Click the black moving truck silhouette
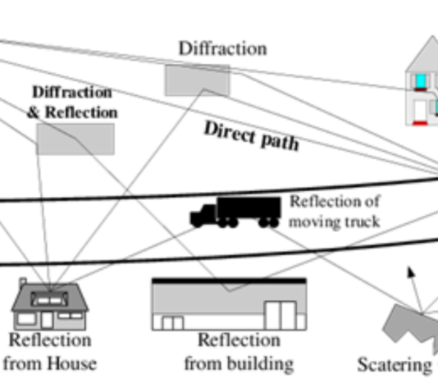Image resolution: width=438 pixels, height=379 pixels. coord(235,212)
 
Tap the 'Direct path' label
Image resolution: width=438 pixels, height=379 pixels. coord(252,136)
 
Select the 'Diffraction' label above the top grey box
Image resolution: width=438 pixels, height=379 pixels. coord(222,48)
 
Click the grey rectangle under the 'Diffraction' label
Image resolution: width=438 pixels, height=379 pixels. coord(197,80)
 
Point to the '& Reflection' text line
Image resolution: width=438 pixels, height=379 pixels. coord(72,112)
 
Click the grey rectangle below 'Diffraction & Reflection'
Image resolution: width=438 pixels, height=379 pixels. coord(75,139)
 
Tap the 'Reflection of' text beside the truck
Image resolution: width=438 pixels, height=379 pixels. coord(335,201)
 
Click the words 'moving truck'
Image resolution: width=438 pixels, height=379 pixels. coord(335,221)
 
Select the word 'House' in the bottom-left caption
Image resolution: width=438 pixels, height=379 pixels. coord(72,363)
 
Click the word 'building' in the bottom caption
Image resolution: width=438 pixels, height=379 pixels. coord(260,363)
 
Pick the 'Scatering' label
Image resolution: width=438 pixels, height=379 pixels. coord(395,365)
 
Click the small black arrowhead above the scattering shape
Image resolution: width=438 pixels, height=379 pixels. coord(411,272)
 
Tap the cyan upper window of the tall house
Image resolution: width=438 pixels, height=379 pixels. coord(421,80)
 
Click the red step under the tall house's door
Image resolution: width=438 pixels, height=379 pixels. coord(420,123)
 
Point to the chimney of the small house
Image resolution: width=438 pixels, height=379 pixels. coord(23,281)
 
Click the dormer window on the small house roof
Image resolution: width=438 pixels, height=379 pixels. coord(49,299)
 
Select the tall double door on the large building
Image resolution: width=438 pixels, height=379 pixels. coord(281,315)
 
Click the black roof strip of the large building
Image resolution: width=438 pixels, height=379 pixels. coord(229,281)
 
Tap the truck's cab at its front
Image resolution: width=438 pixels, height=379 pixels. coord(203,214)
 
